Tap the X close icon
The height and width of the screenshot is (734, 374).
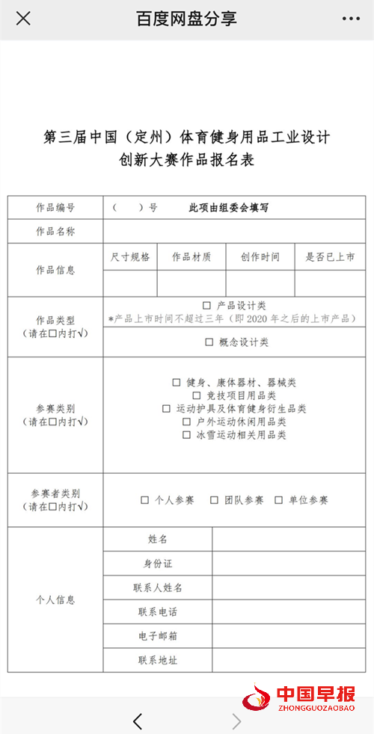coord(23,19)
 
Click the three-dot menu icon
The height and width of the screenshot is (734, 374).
coord(351,19)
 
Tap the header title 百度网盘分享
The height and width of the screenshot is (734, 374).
coord(186,19)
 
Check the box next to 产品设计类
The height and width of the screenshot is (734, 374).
coord(206,306)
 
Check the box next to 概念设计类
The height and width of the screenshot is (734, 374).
coord(209,342)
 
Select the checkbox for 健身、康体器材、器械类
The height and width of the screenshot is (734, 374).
coord(177,383)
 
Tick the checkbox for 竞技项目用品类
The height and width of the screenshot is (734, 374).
coord(197,395)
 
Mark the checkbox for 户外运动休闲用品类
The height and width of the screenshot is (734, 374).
coord(186,422)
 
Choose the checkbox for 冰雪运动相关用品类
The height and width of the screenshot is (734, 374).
coord(186,435)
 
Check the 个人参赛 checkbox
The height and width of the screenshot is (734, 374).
coord(145,500)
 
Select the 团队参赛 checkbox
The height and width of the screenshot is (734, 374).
coord(214,500)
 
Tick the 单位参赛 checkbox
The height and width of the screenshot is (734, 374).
coord(279,500)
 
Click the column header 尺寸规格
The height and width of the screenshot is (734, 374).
coord(130,257)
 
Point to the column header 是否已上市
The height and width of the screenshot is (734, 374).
coord(330,257)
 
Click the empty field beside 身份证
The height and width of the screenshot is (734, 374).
coord(289,563)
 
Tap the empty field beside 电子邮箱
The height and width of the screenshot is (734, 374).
coord(289,636)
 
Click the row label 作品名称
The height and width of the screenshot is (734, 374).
coord(56,231)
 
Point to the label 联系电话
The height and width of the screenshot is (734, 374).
coord(158,612)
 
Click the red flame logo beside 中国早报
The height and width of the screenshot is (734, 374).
coord(256,698)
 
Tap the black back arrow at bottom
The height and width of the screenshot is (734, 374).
coord(138,721)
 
